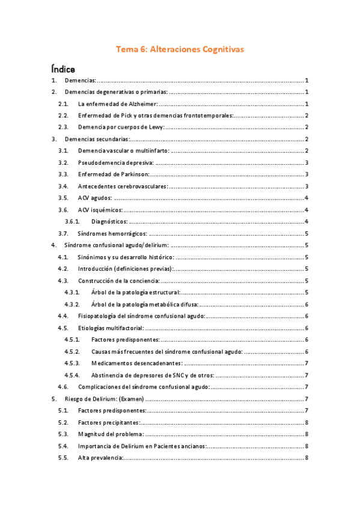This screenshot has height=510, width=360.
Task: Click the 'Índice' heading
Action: pos(63,69)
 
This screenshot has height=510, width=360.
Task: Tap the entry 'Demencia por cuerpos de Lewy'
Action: pos(121,127)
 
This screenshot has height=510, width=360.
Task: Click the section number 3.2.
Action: pos(63,162)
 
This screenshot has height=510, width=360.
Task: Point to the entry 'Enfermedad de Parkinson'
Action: pos(115,174)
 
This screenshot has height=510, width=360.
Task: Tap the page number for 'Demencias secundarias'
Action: pos(307,139)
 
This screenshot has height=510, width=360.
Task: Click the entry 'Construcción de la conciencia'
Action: pos(118,281)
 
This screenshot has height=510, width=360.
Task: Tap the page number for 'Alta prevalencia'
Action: pos(307,458)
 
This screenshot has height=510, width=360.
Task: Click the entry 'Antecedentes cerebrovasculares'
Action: pos(123,186)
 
